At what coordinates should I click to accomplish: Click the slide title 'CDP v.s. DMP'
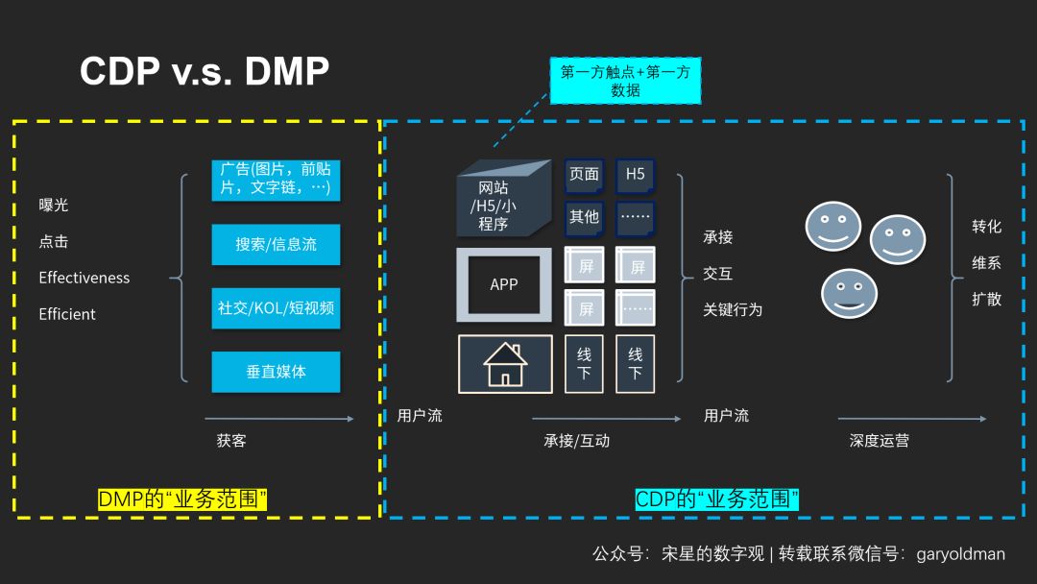[x=205, y=71]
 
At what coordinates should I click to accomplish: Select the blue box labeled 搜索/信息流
[x=276, y=244]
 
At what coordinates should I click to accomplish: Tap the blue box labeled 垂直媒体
[x=276, y=372]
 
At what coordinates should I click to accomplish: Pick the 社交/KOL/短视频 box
[x=276, y=307]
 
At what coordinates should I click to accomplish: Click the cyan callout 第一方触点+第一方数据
[x=625, y=81]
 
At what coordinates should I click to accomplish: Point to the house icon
[x=505, y=364]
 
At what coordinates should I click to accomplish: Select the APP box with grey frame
[x=504, y=284]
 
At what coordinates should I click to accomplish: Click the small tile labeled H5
[x=635, y=175]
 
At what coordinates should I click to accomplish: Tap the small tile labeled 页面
[x=584, y=175]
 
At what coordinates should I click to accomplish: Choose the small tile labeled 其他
[x=584, y=217]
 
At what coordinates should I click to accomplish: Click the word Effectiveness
[x=84, y=278]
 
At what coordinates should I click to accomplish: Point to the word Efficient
[x=67, y=314]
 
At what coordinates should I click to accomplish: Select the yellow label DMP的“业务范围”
[x=182, y=499]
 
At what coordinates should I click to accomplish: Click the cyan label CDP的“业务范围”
[x=717, y=499]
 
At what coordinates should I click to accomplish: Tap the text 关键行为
[x=733, y=309]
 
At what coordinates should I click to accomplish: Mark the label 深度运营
[x=879, y=441]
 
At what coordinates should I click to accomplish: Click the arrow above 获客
[x=278, y=419]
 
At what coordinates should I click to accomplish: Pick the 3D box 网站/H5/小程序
[x=501, y=202]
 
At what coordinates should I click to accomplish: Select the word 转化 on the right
[x=986, y=226]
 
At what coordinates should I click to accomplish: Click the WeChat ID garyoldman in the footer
[x=961, y=554]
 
